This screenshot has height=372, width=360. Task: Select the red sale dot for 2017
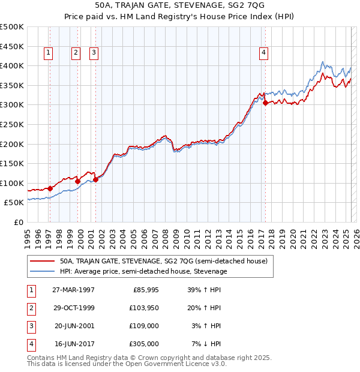265,103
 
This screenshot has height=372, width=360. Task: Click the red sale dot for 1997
50,188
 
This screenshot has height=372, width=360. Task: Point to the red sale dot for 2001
95,179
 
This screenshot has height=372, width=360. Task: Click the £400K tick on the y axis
12,65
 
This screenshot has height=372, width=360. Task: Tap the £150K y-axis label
12,163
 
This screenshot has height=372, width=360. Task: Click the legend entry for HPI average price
143,271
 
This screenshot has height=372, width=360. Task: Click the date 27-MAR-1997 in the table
73,290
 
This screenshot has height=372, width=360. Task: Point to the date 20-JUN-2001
73,326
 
